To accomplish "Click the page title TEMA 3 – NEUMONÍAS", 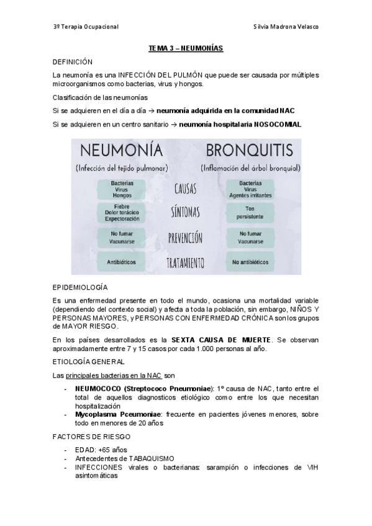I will [186, 48].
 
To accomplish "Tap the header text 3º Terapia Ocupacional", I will [86, 27].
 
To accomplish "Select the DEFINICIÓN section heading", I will [73, 62].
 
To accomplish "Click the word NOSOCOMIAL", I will [278, 124].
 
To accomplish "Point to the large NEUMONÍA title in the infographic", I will [119, 151].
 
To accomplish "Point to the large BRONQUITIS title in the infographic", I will [250, 151].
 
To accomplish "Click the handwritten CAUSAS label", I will [186, 188].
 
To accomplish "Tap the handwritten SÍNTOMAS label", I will [185, 212].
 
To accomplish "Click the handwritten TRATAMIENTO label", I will [185, 263].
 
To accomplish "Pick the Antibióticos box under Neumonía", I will [122, 262].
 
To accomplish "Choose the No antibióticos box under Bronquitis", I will [250, 262].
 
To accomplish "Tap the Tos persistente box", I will [250, 213].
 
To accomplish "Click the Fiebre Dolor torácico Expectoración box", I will [122, 212].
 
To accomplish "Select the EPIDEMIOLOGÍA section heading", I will [80, 288].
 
